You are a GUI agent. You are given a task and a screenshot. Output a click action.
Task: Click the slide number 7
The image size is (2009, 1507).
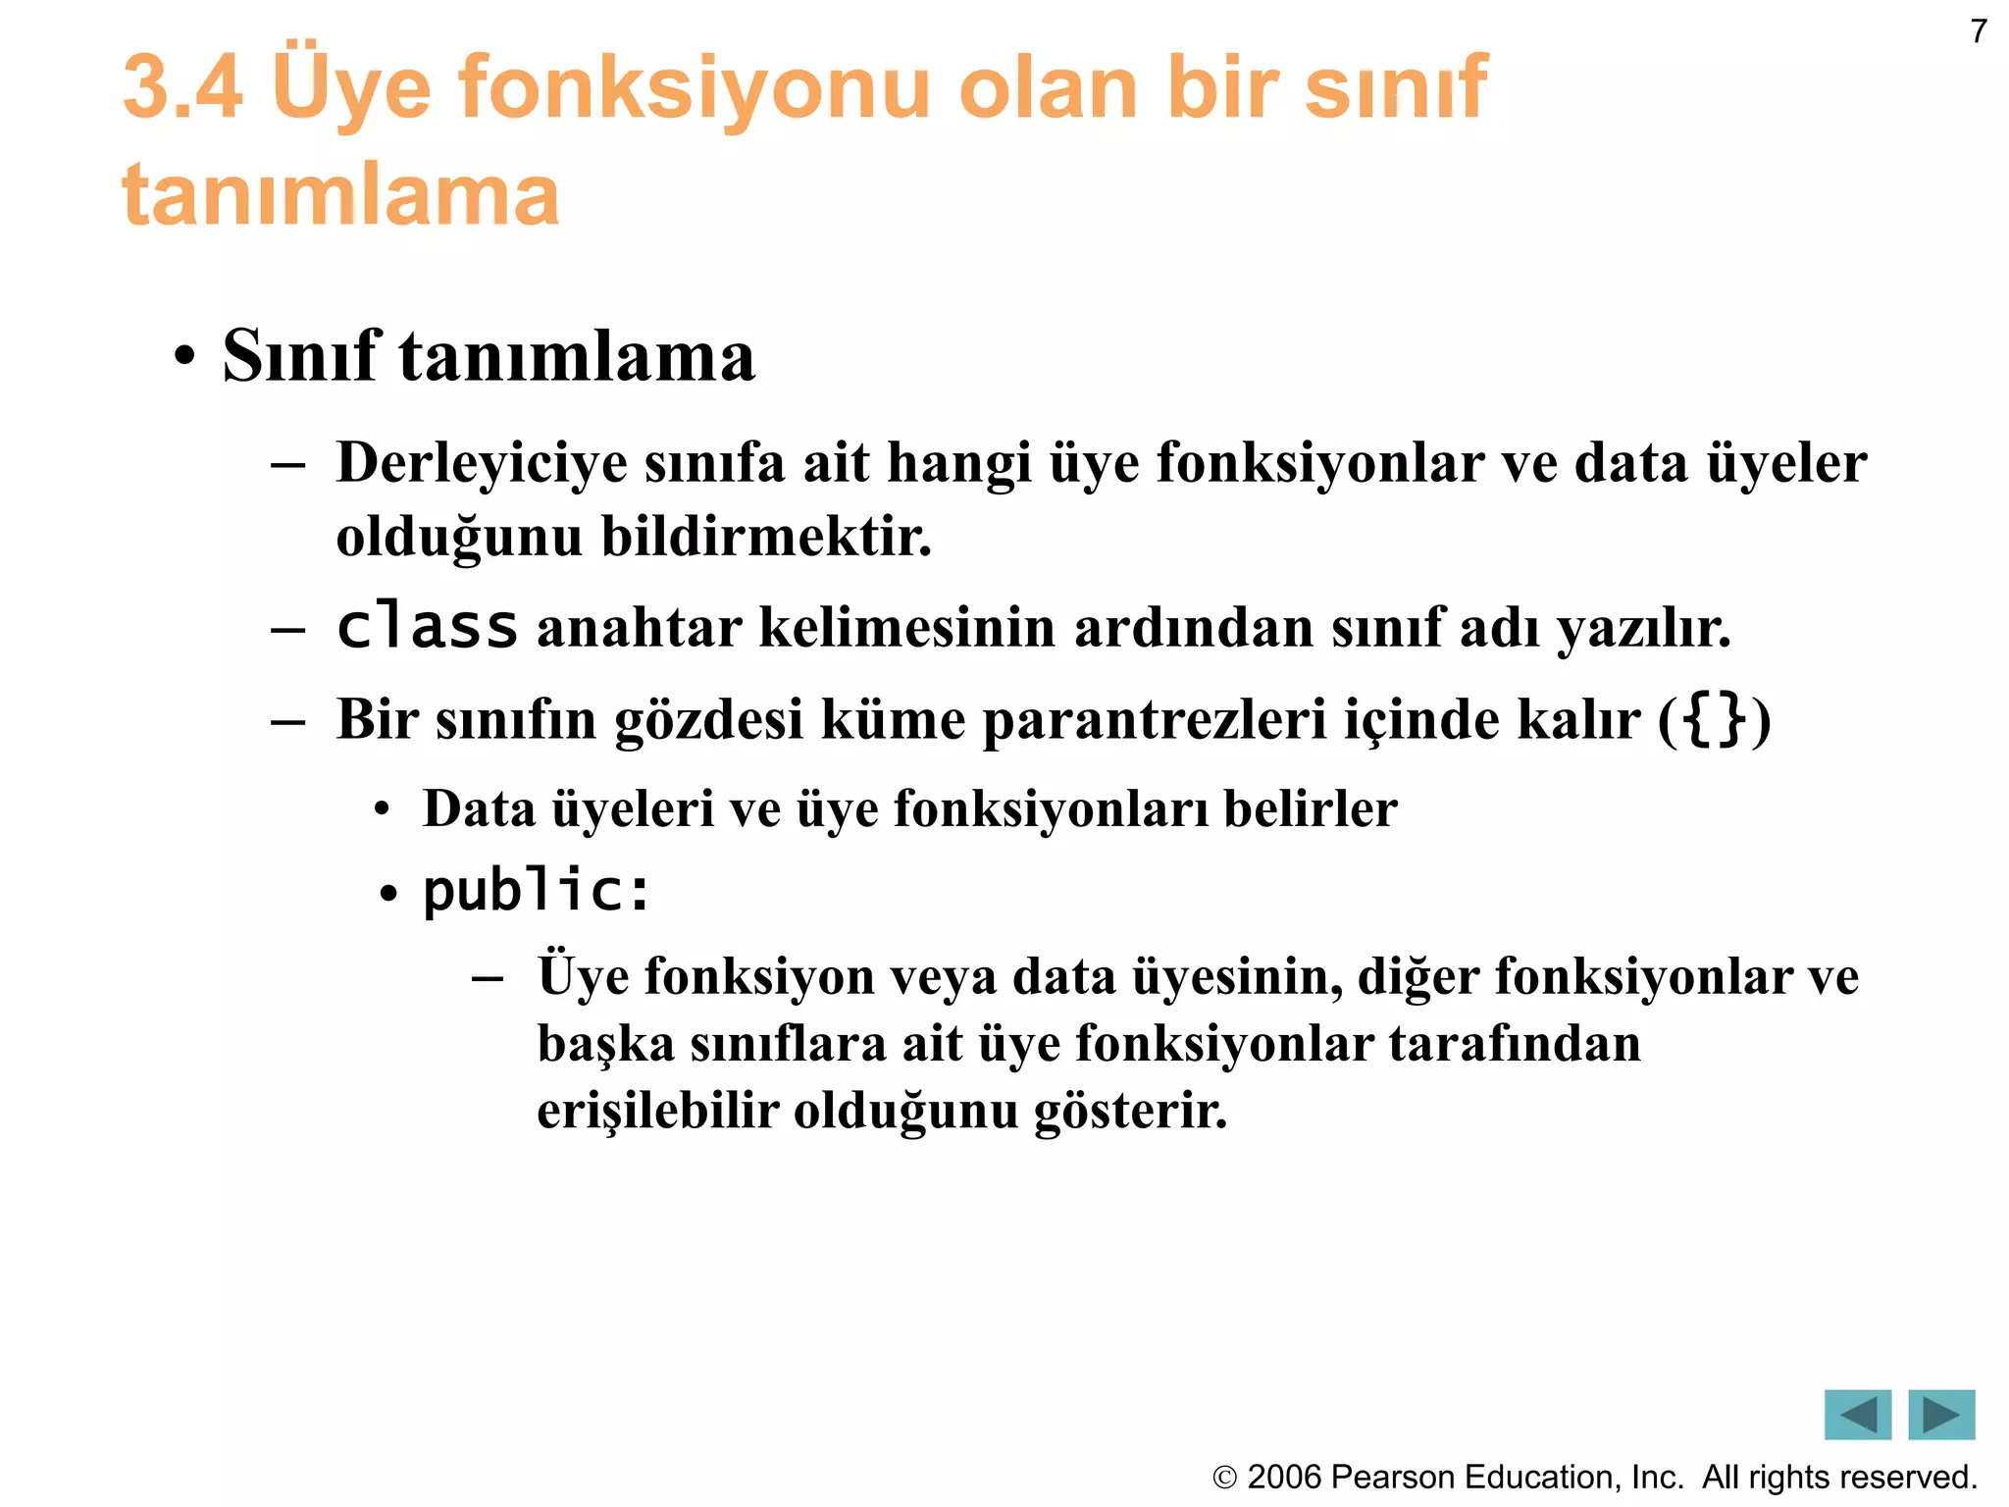1979,32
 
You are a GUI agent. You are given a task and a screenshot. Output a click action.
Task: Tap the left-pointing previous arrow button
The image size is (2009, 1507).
1857,1414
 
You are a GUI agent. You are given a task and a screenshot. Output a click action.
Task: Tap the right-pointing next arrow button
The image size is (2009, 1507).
1940,1414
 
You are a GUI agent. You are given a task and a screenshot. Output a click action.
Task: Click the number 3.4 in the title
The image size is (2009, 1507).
182,87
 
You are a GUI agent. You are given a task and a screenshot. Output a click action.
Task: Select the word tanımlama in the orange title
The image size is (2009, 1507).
340,194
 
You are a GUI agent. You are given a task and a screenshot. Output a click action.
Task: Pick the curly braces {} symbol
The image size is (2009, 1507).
1715,719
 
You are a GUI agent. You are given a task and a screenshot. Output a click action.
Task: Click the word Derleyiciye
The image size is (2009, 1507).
481,463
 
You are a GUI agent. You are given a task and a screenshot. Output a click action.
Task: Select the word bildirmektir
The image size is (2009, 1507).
766,537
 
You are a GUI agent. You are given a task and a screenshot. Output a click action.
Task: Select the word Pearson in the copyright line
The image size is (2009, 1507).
1386,1477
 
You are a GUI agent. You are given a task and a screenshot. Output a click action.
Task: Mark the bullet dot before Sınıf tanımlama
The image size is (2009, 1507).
183,358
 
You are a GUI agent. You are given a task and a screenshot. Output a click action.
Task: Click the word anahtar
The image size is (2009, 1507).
639,628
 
